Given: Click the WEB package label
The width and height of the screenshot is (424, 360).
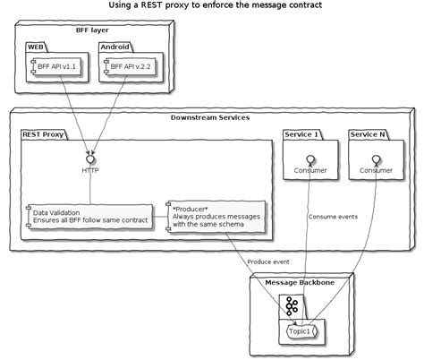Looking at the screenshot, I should [36, 44].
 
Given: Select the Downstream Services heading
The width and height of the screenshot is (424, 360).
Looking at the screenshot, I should [210, 117].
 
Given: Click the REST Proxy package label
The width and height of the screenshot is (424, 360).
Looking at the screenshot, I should [45, 133].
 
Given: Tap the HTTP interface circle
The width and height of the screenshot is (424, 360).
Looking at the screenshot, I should [90, 158].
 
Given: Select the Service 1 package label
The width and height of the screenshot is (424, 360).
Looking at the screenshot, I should [301, 133].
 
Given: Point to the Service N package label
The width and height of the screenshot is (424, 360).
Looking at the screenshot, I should [368, 133].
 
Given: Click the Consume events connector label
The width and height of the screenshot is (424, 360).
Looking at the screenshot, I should [333, 217].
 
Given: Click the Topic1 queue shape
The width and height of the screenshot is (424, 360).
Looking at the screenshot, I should [304, 330].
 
